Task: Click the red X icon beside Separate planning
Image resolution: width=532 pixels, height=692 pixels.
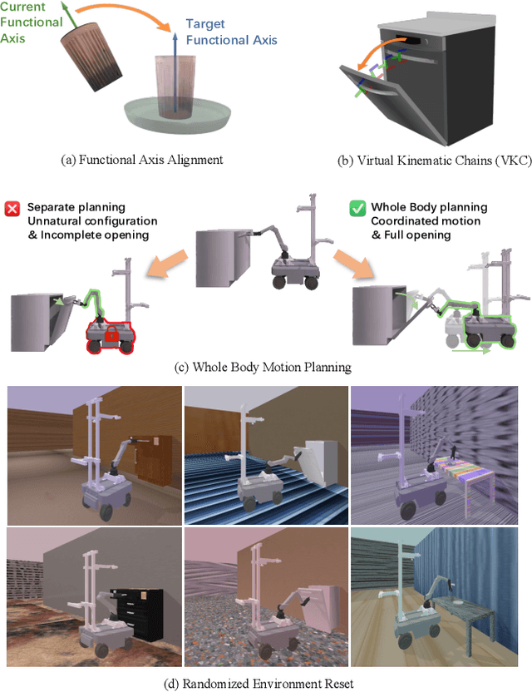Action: pyautogui.click(x=12, y=207)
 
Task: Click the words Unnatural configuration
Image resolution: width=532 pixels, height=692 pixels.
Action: pyautogui.click(x=92, y=220)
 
